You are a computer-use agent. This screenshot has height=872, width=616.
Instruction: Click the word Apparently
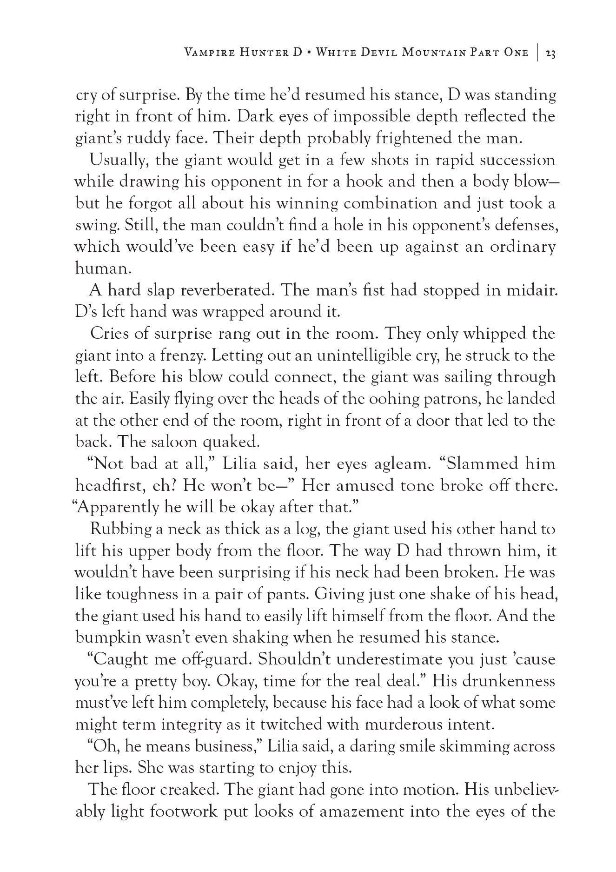tap(119, 507)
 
